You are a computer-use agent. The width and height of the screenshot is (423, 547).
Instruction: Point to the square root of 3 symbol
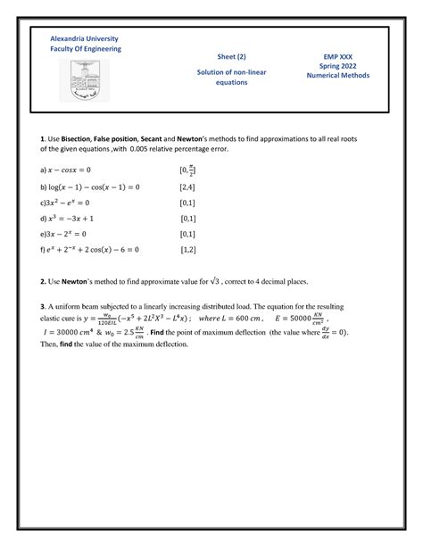(x=238, y=281)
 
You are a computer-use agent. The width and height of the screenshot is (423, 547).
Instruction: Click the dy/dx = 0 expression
(x=329, y=332)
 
